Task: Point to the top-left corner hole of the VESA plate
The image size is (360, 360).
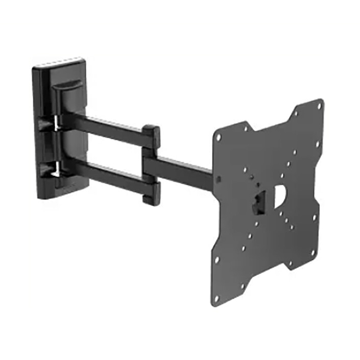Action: point(218,137)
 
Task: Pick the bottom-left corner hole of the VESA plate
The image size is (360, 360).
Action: point(216,297)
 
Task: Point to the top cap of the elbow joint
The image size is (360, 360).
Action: point(151,131)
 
